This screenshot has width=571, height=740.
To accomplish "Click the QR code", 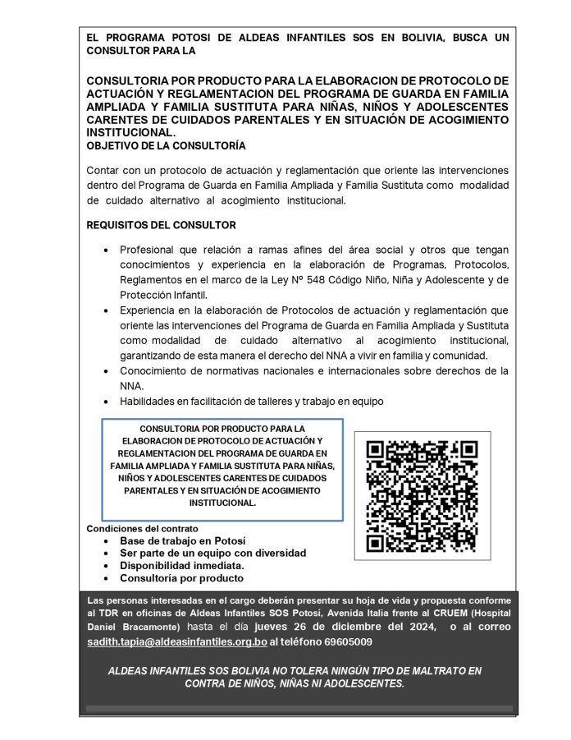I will point(422,496).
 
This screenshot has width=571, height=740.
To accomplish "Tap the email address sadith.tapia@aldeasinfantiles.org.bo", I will point(177,641).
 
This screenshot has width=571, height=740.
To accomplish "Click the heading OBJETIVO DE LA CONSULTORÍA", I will point(166,145).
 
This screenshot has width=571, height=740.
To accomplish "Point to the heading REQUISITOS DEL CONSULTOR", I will point(161,225).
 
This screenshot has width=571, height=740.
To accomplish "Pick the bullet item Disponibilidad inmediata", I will point(182,565).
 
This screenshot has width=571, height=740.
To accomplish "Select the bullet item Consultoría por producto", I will point(181,577).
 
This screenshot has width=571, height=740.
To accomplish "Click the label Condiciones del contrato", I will point(142,529).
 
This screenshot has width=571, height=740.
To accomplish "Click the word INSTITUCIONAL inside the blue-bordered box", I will point(222,502).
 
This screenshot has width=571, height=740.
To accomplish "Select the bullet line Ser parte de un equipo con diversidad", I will point(212,553).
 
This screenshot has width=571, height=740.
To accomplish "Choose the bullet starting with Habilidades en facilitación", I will point(251,402).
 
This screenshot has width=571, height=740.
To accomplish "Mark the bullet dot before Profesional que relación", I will point(107,250).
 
